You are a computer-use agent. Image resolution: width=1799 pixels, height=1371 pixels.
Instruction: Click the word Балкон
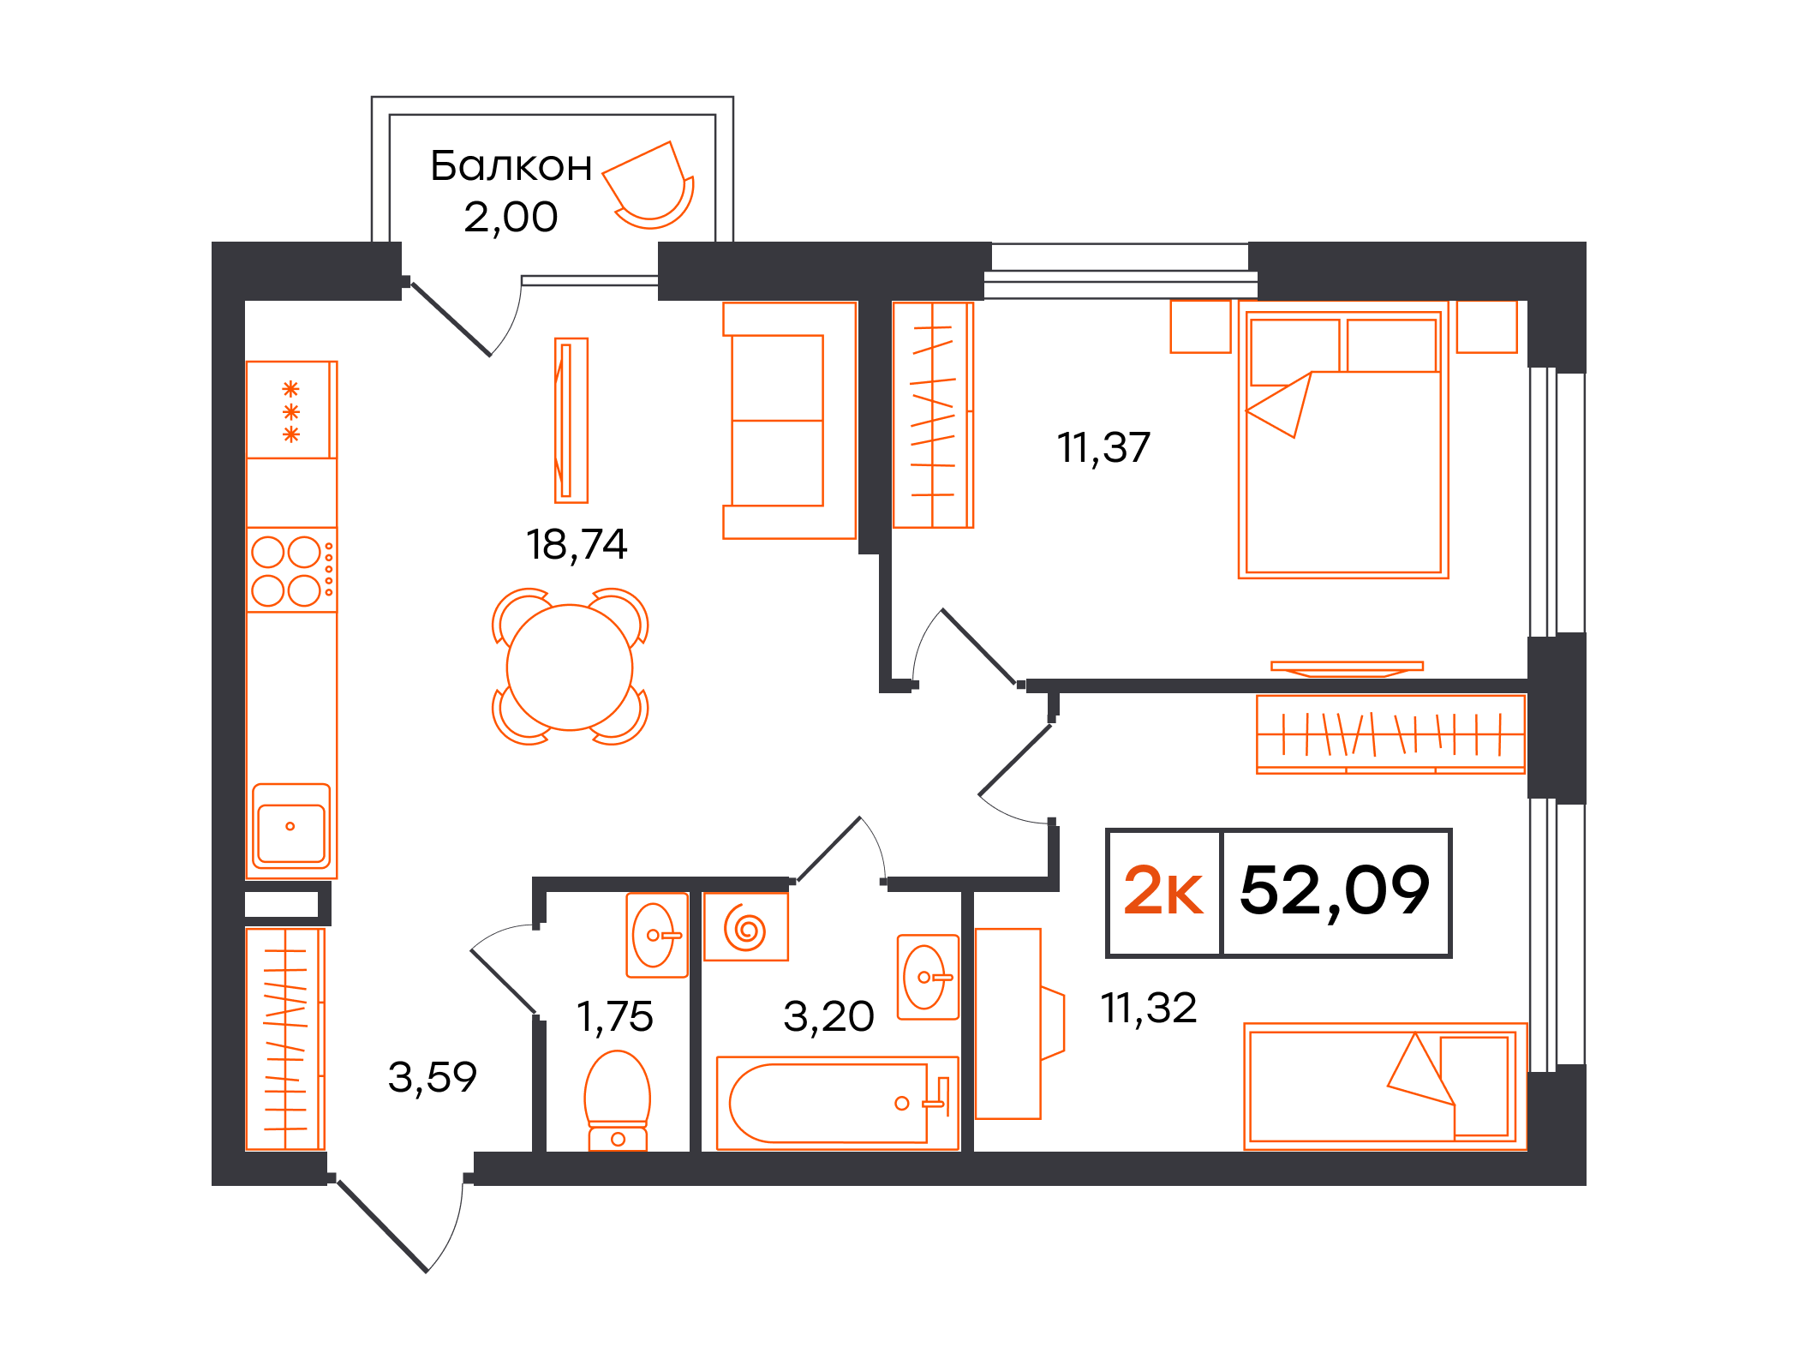pos(511,166)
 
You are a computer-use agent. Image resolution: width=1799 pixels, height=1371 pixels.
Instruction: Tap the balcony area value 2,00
pos(511,217)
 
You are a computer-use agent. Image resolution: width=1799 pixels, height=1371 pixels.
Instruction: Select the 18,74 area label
pos(577,544)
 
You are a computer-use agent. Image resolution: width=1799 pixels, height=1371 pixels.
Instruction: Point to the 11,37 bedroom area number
pos(1103,447)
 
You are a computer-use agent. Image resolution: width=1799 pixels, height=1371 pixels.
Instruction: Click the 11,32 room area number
pos(1148,1008)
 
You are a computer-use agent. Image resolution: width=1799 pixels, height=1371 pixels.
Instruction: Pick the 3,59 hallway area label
pos(433,1077)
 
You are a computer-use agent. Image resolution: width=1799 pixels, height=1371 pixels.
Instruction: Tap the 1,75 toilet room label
pos(614,1017)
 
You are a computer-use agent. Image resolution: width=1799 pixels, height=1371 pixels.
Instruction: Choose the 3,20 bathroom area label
pos(828,1017)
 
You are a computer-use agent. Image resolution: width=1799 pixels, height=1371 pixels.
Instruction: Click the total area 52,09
pos(1335,891)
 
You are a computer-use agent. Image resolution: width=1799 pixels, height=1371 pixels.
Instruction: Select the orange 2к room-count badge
pos(1163,891)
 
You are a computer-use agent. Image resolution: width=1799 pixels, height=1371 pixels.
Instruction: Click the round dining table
pos(570,668)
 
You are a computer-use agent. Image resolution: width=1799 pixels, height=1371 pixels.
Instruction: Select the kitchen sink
pos(291,828)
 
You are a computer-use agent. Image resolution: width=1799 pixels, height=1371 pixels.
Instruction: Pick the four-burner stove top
pos(291,570)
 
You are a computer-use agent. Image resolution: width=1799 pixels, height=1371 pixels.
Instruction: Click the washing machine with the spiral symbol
pos(745,927)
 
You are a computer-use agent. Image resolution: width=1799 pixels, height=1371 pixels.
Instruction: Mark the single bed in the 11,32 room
pos(1384,1087)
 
